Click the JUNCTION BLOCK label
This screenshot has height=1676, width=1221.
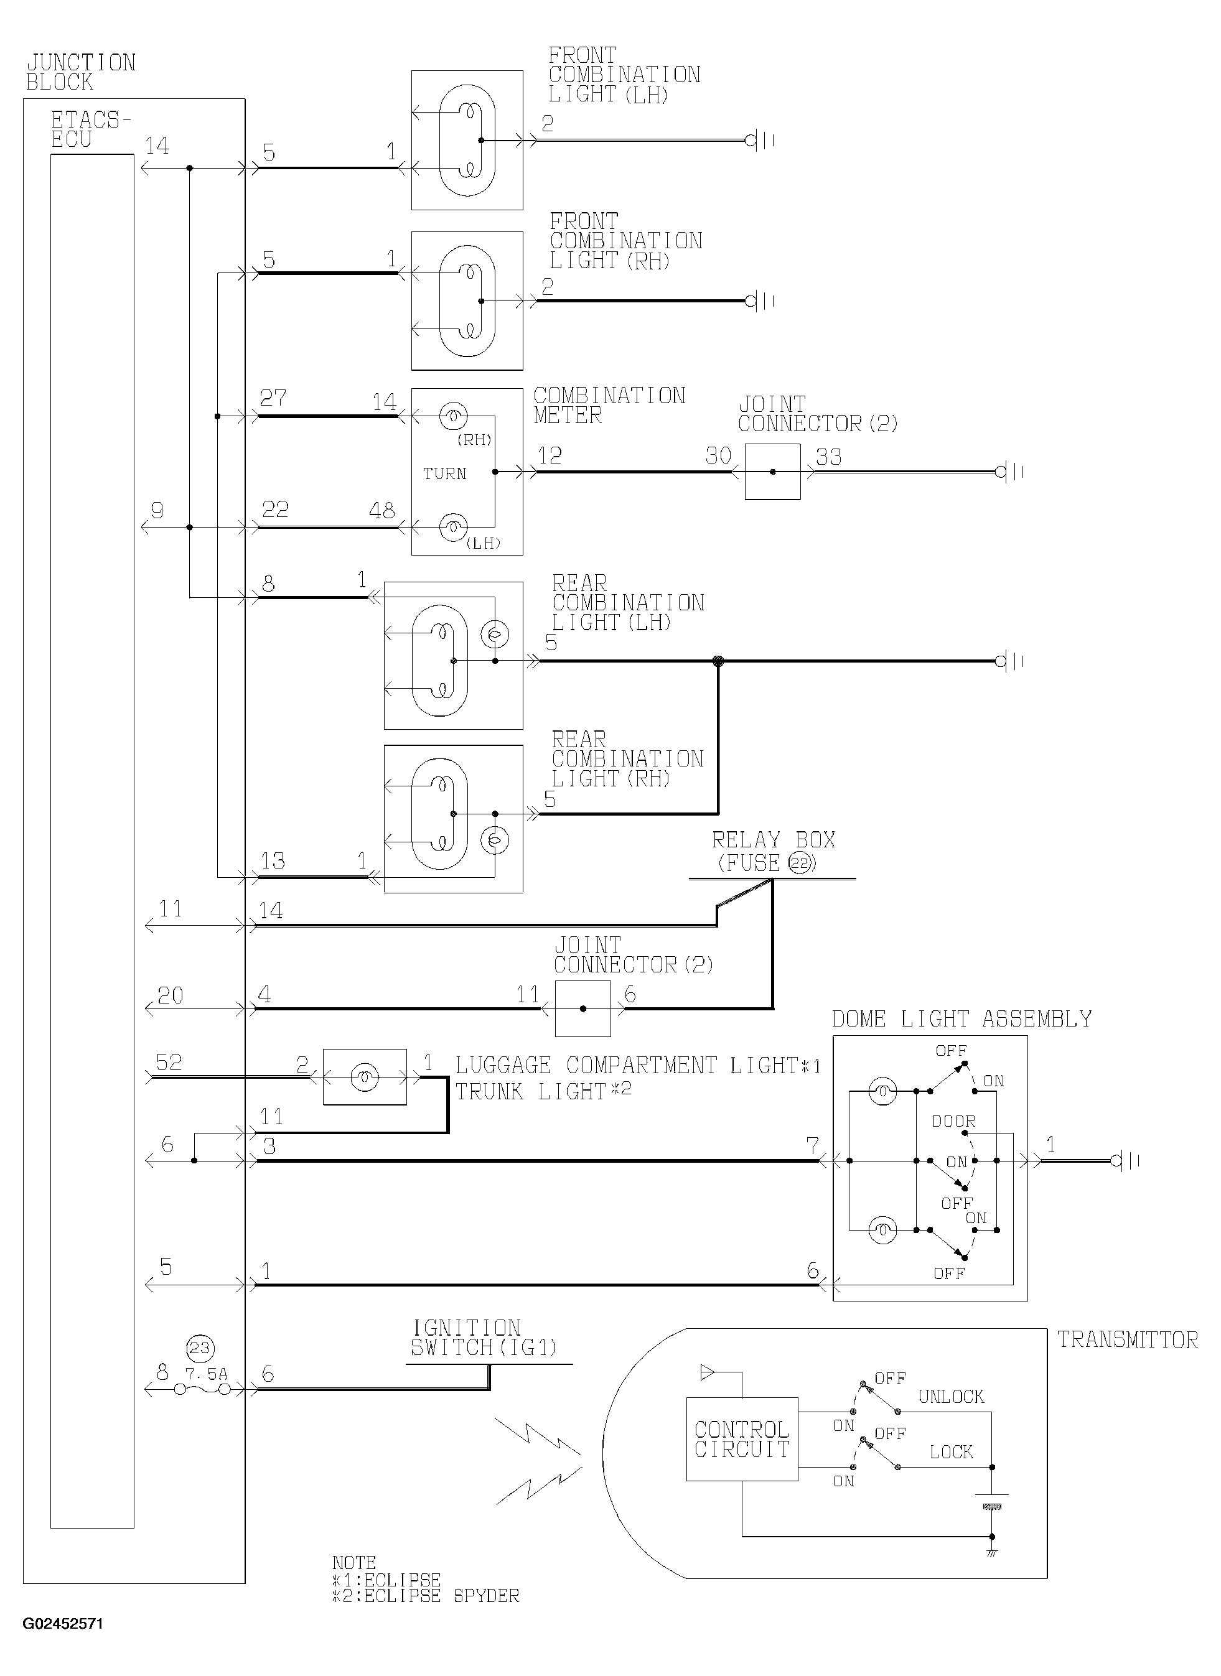pyautogui.click(x=82, y=72)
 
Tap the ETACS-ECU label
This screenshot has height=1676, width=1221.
pyautogui.click(x=91, y=129)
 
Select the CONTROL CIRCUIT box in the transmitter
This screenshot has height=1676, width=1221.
pyautogui.click(x=742, y=1439)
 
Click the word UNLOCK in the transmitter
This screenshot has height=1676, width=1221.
pyautogui.click(x=952, y=1396)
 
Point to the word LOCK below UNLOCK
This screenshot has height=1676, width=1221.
pyautogui.click(x=952, y=1452)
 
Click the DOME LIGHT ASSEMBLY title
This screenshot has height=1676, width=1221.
pyautogui.click(x=961, y=1019)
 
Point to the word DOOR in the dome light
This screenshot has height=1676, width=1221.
pyautogui.click(x=953, y=1121)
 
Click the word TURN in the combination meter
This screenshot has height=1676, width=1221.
pyautogui.click(x=444, y=473)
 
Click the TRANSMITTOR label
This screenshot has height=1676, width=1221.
pyautogui.click(x=1127, y=1340)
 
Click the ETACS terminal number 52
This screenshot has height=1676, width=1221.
pyautogui.click(x=169, y=1062)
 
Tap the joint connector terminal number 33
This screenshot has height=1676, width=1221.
pyautogui.click(x=828, y=457)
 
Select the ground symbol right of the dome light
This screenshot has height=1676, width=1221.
pyautogui.click(x=1125, y=1161)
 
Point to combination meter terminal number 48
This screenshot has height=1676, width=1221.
pyautogui.click(x=381, y=510)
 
